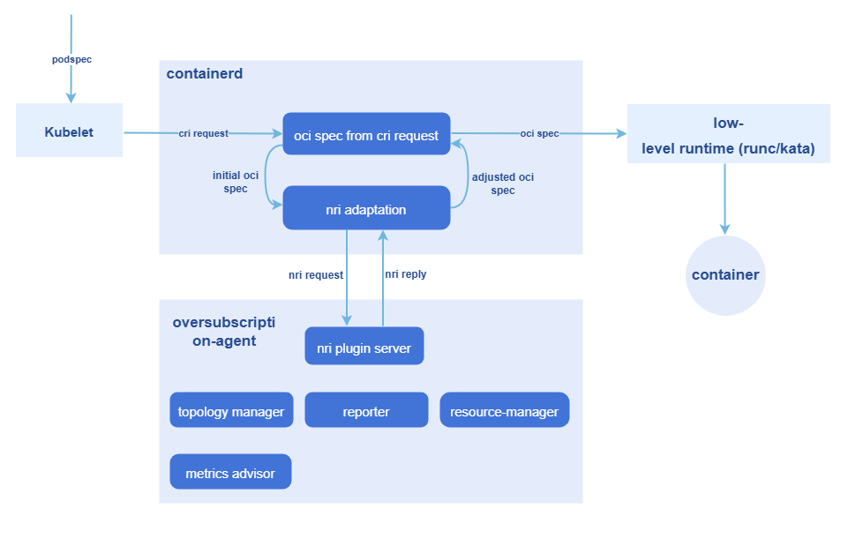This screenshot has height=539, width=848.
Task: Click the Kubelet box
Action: [x=69, y=132]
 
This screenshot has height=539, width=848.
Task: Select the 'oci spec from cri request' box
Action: [x=366, y=135]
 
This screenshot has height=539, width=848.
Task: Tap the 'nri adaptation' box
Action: [x=366, y=210]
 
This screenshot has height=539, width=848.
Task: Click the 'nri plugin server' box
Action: [x=364, y=348]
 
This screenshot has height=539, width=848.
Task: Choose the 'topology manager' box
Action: [x=231, y=411]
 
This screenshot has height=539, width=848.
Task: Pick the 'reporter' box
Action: [x=366, y=411]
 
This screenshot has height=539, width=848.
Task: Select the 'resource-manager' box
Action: [x=504, y=411]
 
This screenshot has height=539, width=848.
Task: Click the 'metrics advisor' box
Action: [x=230, y=473]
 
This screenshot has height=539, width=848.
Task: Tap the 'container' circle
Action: [x=725, y=274]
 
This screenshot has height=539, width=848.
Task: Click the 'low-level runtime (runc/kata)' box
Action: [x=728, y=135]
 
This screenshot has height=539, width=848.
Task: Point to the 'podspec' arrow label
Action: [x=71, y=59]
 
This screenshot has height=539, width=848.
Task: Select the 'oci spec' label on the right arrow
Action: [x=539, y=133]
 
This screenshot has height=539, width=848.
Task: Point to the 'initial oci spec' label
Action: [x=236, y=182]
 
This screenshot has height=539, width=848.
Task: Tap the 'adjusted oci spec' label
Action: [x=503, y=183]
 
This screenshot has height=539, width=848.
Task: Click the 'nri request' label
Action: [x=316, y=274]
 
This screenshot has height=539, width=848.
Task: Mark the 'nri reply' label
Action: [x=406, y=274]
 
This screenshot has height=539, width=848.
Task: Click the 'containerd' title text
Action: [x=205, y=74]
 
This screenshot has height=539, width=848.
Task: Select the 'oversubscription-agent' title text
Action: [x=224, y=331]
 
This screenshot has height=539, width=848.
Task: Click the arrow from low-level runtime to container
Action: [x=725, y=198]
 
